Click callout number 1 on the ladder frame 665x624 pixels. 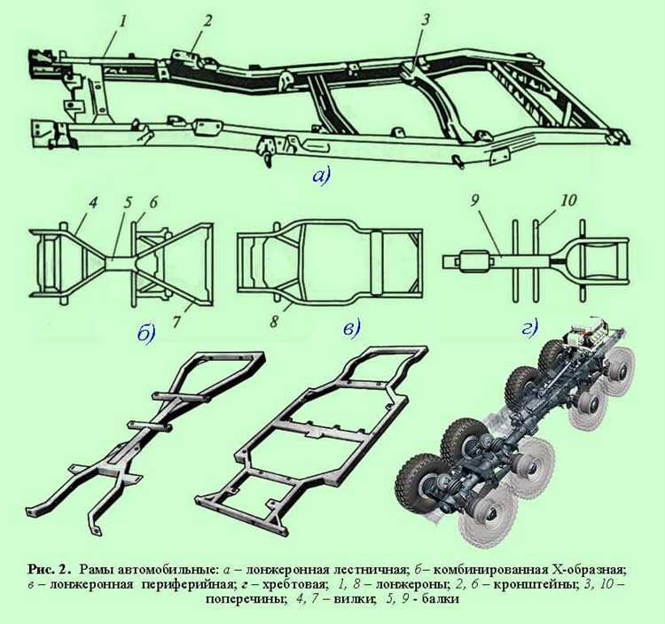click(x=122, y=22)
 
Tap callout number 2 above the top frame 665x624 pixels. click(x=207, y=20)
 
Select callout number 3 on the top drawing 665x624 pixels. click(x=426, y=19)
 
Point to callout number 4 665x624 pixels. click(x=92, y=203)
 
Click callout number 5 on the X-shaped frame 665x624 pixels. click(x=127, y=204)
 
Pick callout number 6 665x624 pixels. click(x=153, y=202)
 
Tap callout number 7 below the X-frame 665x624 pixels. click(x=176, y=322)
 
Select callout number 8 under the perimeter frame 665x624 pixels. click(x=274, y=322)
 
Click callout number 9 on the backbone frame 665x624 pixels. click(x=474, y=201)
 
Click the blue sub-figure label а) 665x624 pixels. click(x=321, y=175)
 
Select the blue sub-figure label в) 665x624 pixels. click(x=351, y=329)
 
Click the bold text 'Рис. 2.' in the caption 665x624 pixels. click(x=48, y=570)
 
